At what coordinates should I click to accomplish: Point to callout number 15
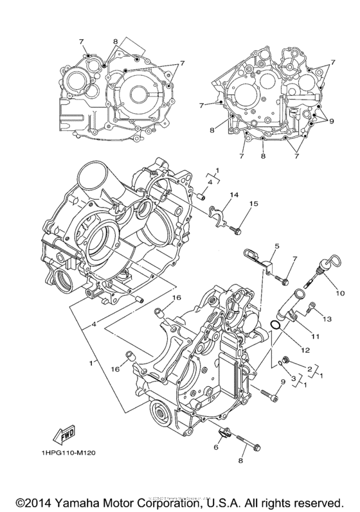(x=253, y=204)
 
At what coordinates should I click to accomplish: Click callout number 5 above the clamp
(x=259, y=246)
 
